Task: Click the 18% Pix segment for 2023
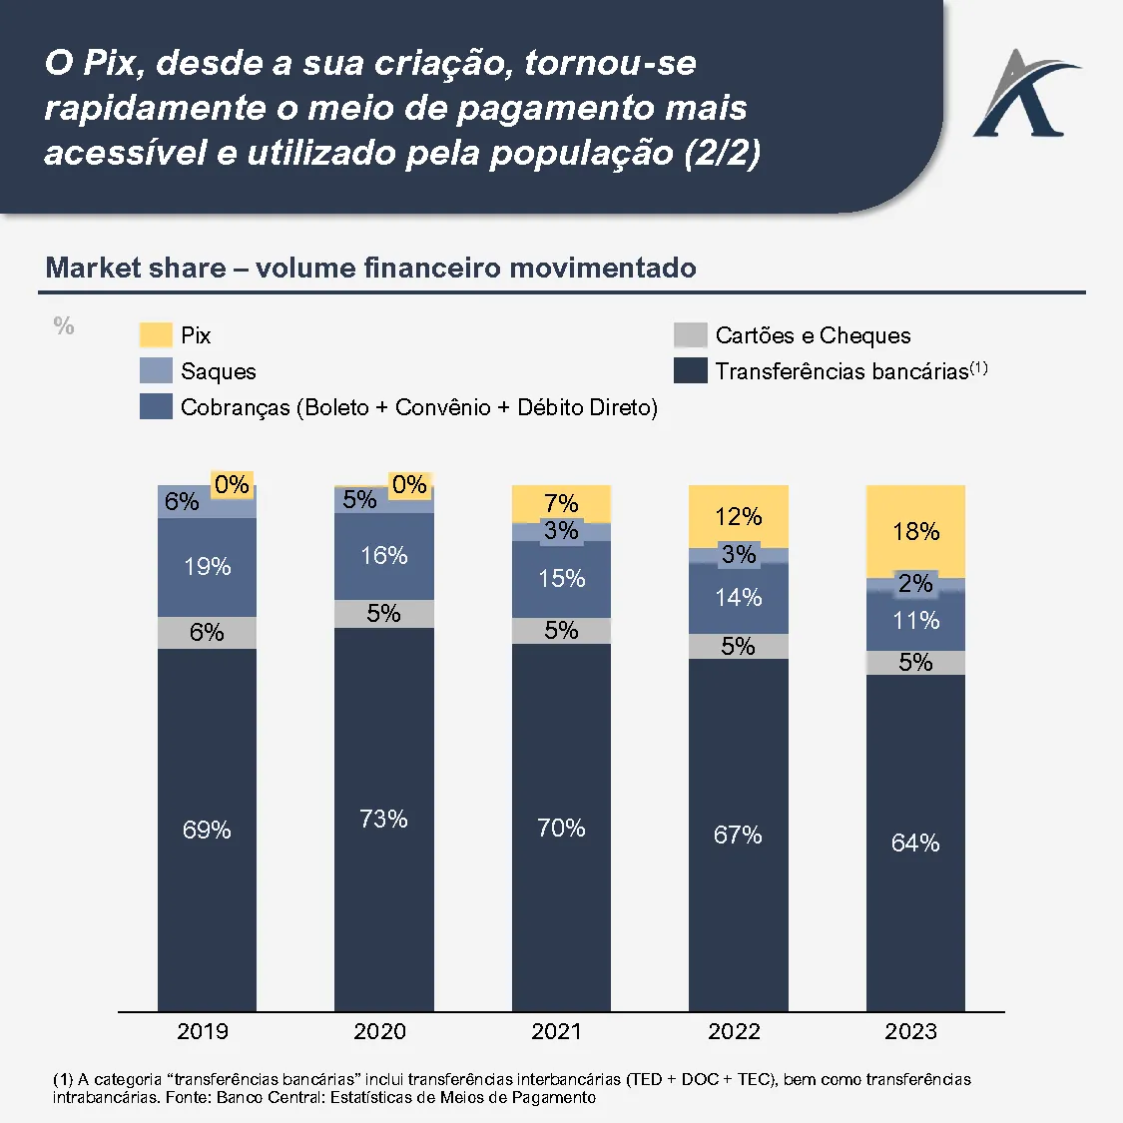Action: [915, 531]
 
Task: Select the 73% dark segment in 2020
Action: [384, 819]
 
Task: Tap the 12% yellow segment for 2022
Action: [739, 516]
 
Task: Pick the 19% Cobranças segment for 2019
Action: [207, 567]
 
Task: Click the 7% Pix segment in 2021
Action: [561, 504]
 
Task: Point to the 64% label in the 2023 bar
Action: [915, 843]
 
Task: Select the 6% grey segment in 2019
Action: [207, 633]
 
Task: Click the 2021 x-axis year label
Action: [557, 1032]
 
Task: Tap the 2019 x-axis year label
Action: [203, 1032]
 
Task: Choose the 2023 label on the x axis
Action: [910, 1032]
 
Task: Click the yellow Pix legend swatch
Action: [156, 335]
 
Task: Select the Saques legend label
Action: [219, 371]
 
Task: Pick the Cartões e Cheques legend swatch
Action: [691, 335]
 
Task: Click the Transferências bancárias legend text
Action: [842, 371]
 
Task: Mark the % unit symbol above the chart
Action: [64, 326]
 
